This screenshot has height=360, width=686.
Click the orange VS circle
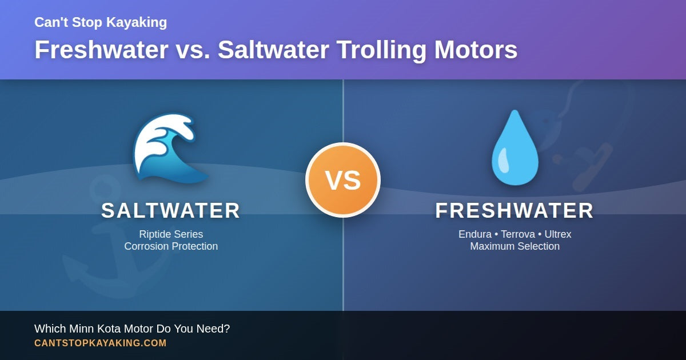coord(343,180)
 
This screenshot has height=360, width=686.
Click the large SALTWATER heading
coord(171,211)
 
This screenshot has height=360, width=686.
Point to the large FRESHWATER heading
coord(514,211)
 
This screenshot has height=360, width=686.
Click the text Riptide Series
coord(171,234)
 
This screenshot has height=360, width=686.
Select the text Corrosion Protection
coord(171,246)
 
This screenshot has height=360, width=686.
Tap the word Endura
coord(476,234)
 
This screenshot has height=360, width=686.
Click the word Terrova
coord(518,234)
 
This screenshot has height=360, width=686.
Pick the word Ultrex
coord(557,234)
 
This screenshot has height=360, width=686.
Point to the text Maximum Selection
coord(514,246)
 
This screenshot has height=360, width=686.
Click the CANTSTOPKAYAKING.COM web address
coord(101,343)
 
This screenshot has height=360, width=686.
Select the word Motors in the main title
coord(476,50)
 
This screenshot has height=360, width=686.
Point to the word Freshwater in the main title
coord(101,50)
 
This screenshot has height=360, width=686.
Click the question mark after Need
coord(227,329)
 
